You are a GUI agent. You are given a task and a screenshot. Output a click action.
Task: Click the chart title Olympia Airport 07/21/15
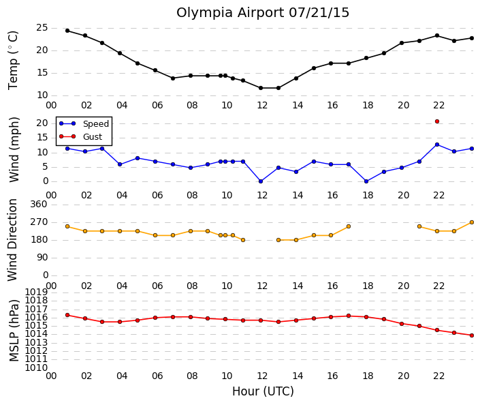[263, 13]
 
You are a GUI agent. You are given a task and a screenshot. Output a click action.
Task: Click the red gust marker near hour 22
[437, 121]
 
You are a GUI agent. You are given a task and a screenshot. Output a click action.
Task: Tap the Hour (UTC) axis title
[263, 391]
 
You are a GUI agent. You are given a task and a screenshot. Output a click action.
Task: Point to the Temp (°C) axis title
[13, 61]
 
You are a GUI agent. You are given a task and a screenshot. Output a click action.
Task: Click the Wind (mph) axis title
[14, 149]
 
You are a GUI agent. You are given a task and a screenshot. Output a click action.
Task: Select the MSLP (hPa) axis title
[14, 331]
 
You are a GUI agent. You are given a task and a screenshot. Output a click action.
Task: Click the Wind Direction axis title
[12, 240]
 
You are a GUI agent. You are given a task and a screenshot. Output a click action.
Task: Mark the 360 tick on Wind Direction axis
[39, 205]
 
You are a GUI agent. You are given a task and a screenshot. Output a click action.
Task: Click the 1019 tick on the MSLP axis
[36, 292]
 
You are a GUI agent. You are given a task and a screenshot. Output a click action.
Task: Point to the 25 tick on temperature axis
[42, 28]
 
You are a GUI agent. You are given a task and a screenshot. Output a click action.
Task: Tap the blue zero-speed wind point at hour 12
[261, 181]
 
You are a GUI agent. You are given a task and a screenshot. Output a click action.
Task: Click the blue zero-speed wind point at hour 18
[366, 181]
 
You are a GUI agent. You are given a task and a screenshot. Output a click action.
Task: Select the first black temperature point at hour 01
[67, 31]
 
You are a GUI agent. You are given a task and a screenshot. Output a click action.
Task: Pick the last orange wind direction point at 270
[472, 222]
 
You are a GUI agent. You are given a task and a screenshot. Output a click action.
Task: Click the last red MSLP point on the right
[472, 335]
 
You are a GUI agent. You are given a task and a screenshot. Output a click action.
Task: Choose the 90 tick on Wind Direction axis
[42, 258]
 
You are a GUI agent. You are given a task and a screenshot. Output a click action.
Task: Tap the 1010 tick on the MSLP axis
[36, 367]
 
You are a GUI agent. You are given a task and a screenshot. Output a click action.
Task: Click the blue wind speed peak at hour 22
[437, 145]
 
